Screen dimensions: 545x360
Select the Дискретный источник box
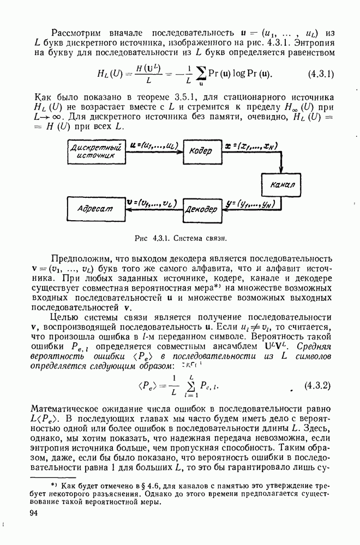point(95,151)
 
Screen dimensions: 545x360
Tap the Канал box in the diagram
point(282,184)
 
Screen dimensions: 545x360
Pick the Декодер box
point(201,208)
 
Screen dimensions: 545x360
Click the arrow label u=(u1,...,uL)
point(154,146)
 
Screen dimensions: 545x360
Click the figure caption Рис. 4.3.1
point(180,238)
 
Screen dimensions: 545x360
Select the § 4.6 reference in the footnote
point(136,485)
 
